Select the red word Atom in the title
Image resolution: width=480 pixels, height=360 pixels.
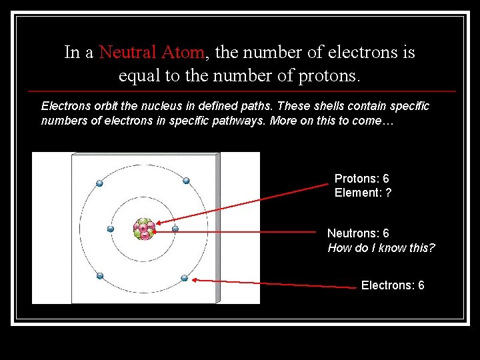tap(187, 52)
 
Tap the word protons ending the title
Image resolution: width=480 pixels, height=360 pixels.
tap(327, 75)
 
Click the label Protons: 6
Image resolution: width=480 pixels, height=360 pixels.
tap(361, 179)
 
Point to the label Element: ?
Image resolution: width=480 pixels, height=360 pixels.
tap(363, 193)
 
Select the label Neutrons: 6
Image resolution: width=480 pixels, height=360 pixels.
tap(358, 233)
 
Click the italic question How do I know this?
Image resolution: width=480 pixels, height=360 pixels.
tap(381, 248)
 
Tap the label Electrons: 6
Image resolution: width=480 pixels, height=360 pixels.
tap(393, 285)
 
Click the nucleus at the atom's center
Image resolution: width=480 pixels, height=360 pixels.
tap(143, 229)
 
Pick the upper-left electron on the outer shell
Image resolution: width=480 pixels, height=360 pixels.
tap(100, 183)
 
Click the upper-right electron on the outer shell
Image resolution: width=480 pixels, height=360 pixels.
tap(186, 181)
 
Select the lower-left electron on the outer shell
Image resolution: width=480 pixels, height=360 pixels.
tap(99, 275)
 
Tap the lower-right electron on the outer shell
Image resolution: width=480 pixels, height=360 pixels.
tap(185, 278)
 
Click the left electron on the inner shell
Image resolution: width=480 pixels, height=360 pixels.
tap(111, 229)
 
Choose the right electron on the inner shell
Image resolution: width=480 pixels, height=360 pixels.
tap(175, 229)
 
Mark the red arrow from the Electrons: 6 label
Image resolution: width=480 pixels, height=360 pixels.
tap(273, 283)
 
